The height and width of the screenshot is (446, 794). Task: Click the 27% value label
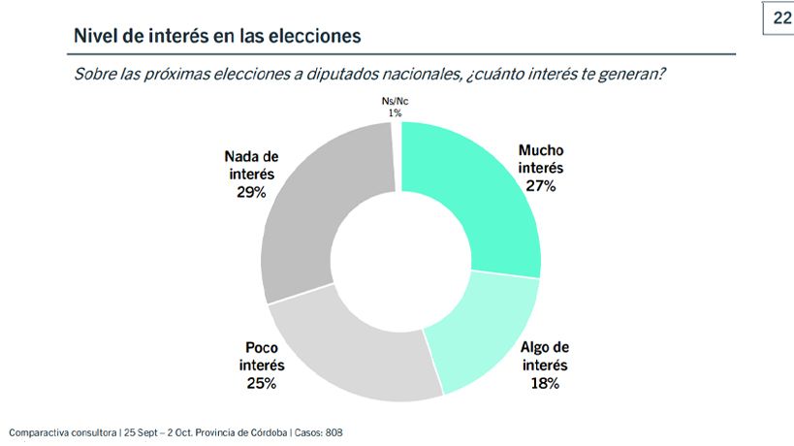pyautogui.click(x=541, y=185)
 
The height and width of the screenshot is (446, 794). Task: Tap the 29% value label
pyautogui.click(x=249, y=192)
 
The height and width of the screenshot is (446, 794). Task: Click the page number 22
pyautogui.click(x=780, y=18)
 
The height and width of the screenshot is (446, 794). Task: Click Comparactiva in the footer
pyautogui.click(x=39, y=432)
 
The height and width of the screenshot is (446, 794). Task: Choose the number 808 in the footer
pyautogui.click(x=333, y=432)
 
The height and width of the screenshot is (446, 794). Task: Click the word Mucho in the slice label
pyautogui.click(x=541, y=151)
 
